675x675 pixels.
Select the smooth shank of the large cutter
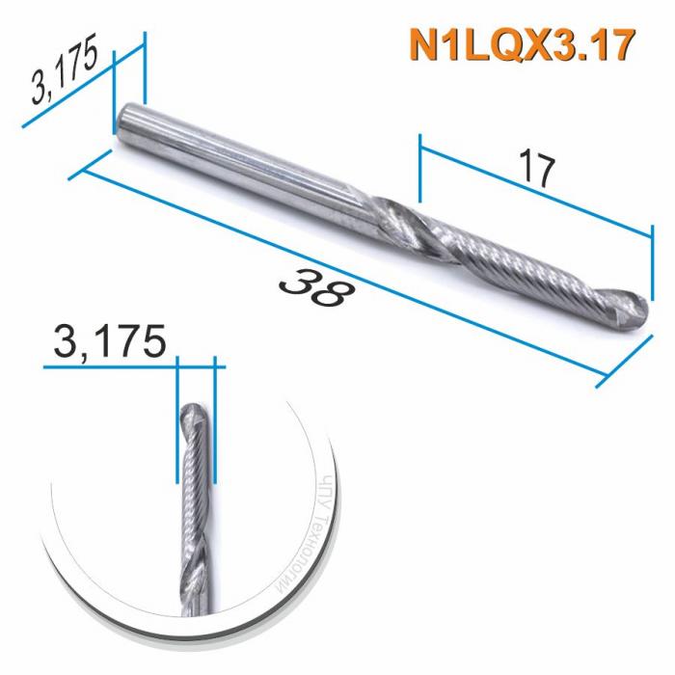[x=241, y=159]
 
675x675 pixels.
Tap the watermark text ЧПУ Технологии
[x=318, y=526]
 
